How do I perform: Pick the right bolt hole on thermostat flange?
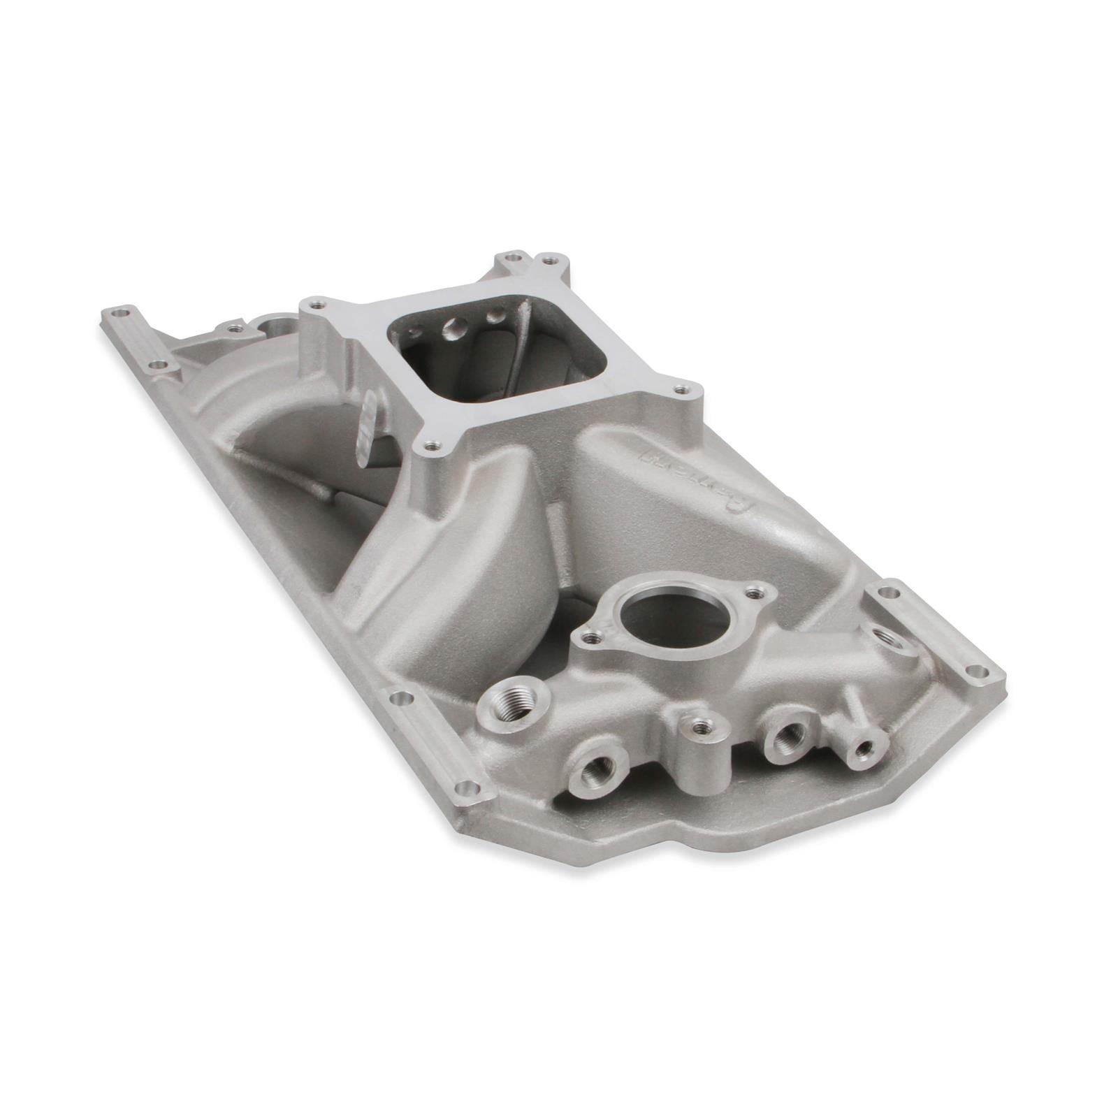pyautogui.click(x=753, y=594)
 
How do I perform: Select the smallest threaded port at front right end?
pyautogui.click(x=864, y=749)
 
